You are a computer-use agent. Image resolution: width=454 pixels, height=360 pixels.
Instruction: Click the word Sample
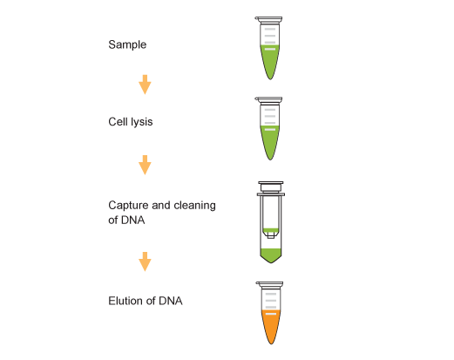click(x=127, y=44)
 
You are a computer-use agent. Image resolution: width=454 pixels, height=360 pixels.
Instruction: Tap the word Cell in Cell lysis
click(x=118, y=121)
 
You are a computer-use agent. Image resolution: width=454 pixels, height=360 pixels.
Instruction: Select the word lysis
click(x=141, y=122)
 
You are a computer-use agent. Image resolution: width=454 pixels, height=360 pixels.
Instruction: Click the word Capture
click(x=128, y=206)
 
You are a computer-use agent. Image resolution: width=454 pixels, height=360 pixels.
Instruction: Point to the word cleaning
click(x=194, y=206)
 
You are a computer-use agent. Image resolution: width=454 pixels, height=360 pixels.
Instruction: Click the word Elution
click(x=125, y=301)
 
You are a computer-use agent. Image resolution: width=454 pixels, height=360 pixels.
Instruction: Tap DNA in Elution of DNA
click(x=171, y=301)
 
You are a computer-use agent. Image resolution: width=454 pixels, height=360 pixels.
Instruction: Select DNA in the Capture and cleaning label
click(x=133, y=220)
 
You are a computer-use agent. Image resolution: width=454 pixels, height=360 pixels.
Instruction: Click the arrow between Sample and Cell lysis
click(x=145, y=85)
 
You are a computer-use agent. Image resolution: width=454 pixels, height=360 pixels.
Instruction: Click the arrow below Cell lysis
click(x=145, y=165)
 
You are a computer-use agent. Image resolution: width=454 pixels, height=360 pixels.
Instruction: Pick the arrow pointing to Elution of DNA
click(x=145, y=262)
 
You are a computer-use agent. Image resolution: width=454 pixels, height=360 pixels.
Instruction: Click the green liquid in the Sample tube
click(x=270, y=59)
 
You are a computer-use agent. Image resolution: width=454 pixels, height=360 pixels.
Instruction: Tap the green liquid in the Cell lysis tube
click(x=270, y=140)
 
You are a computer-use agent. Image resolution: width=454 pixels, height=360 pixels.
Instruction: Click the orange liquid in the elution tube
click(x=271, y=325)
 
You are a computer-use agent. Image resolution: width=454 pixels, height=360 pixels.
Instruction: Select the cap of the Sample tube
click(x=268, y=20)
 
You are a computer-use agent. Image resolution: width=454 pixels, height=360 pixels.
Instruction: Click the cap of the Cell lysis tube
click(x=268, y=100)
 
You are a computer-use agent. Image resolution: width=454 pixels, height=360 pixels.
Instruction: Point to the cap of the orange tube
click(x=269, y=285)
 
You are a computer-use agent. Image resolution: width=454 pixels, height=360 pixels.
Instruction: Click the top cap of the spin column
click(x=271, y=187)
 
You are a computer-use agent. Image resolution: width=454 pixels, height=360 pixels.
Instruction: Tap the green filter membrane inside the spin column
click(x=271, y=231)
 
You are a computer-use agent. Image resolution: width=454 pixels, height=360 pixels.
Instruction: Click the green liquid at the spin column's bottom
click(x=271, y=255)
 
